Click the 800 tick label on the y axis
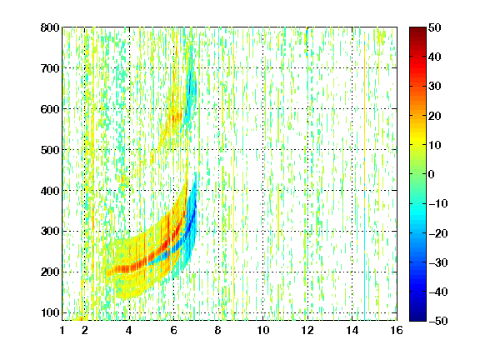(x=50, y=27)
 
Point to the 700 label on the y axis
(x=50, y=68)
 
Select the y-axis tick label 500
(x=50, y=150)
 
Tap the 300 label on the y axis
(x=50, y=231)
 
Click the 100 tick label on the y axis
(x=50, y=312)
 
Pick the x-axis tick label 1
(x=62, y=330)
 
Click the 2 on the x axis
(x=85, y=330)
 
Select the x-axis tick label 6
(x=174, y=330)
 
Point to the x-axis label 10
(x=263, y=330)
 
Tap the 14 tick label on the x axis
(x=352, y=330)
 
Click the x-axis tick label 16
(x=397, y=330)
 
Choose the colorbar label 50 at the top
(x=435, y=27)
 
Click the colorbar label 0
(x=432, y=174)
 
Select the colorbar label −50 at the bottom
(x=438, y=321)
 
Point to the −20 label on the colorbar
(x=438, y=233)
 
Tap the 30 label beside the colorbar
(x=435, y=87)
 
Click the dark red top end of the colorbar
(x=417, y=28)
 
